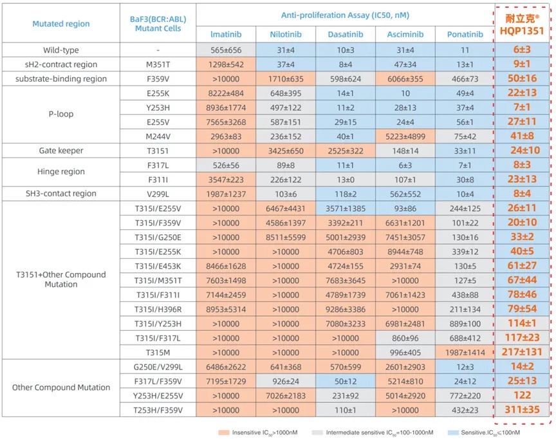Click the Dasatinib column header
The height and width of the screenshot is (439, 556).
(346, 34)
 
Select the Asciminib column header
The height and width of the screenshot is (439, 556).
(405, 34)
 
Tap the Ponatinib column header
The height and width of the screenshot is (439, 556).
(465, 34)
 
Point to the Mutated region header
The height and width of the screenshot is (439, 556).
(61, 24)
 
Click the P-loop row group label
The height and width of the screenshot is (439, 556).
(61, 114)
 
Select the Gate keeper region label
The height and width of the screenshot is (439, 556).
(61, 151)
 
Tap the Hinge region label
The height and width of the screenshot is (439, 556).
(61, 172)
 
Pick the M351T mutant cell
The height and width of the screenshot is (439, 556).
(158, 64)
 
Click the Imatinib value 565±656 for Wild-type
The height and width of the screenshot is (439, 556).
(226, 50)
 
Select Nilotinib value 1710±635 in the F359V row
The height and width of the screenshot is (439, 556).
(286, 79)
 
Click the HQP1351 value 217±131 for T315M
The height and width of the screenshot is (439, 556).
(522, 352)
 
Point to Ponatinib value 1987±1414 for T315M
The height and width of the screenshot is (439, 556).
(465, 352)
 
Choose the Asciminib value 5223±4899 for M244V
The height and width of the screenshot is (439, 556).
(405, 136)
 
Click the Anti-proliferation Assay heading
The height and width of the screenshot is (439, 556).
(345, 15)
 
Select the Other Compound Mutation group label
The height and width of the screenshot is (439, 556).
(61, 388)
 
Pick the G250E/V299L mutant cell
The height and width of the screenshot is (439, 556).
(158, 367)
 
